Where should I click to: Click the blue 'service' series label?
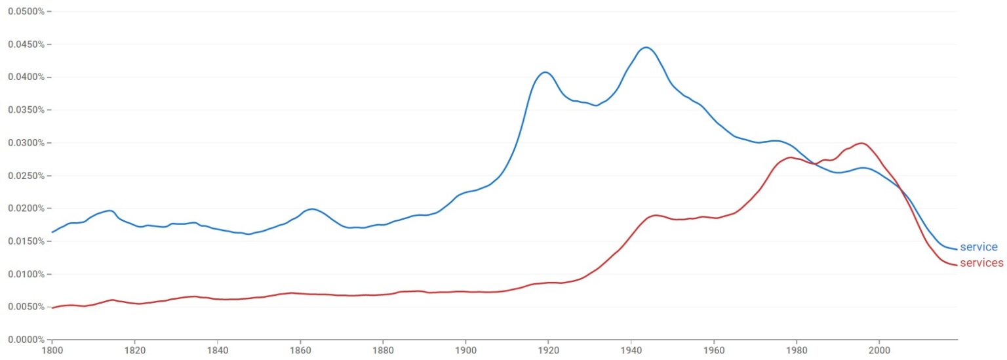click(x=978, y=247)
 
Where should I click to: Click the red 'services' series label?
click(x=981, y=263)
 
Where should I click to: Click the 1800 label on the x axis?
click(x=52, y=351)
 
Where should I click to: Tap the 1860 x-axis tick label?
click(x=300, y=351)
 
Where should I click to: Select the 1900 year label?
click(x=465, y=351)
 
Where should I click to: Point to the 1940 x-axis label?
click(x=631, y=351)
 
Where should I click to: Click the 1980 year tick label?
click(x=797, y=351)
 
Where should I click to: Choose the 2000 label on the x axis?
click(x=879, y=351)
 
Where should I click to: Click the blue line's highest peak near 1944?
click(x=646, y=47)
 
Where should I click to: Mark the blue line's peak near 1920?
click(x=545, y=72)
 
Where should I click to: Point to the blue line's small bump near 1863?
click(x=312, y=209)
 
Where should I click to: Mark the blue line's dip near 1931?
click(x=595, y=106)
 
